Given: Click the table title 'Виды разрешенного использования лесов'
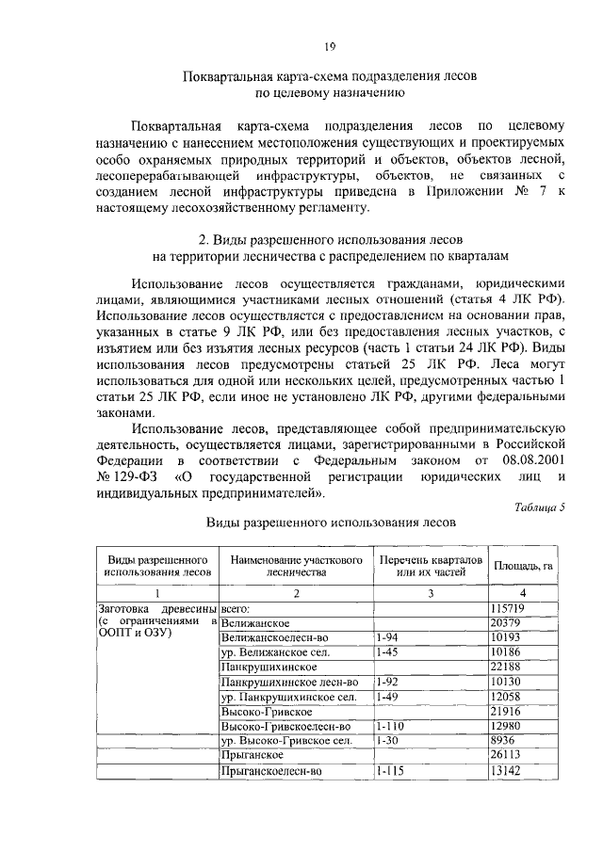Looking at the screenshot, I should coord(331,521).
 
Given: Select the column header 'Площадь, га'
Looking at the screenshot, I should coord(523,565).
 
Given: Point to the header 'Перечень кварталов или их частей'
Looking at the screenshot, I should coord(430,565).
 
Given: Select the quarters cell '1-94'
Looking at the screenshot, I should coord(387,637).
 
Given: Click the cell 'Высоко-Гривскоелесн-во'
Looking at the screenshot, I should coord(285,726).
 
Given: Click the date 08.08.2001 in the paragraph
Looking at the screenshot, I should coord(530,461).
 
